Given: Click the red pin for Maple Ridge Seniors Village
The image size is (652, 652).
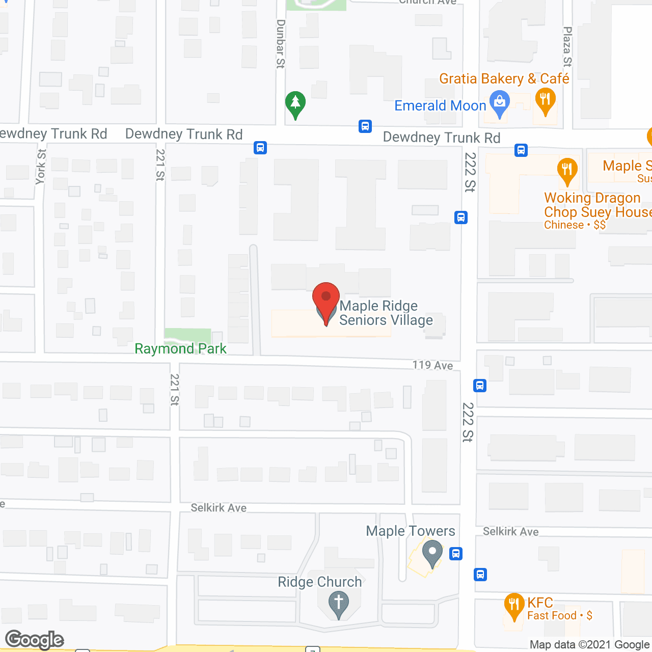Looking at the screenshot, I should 325,300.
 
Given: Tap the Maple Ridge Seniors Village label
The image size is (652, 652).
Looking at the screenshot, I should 386,313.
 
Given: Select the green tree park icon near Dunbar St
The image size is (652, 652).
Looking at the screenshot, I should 295,104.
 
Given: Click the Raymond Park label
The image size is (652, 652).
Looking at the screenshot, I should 180,348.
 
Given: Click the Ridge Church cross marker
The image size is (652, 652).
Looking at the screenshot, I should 338,603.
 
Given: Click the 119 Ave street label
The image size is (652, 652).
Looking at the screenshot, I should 432,365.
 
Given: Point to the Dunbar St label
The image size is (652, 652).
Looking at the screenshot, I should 281,44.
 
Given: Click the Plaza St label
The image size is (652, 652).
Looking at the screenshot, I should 567,47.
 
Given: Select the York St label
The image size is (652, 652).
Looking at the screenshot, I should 41,167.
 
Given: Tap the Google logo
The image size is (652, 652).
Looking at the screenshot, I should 35,640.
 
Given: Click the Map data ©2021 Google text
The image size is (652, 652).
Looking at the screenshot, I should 589,644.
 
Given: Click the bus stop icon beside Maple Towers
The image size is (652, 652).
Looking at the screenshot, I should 456,553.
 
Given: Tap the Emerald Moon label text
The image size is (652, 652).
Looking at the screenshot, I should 440,105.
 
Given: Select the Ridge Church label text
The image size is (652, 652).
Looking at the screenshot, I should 319,582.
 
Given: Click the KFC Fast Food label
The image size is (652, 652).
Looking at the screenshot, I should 559,609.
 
